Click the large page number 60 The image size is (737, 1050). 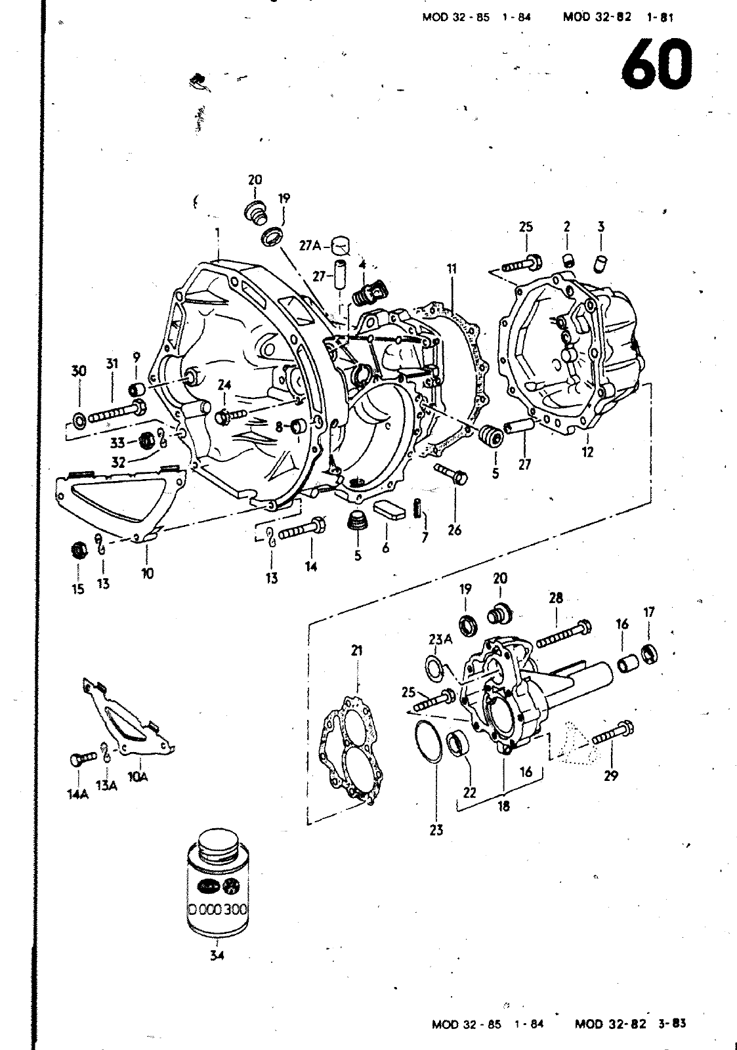click(656, 65)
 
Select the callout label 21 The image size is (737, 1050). click(357, 650)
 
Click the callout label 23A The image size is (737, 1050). click(440, 639)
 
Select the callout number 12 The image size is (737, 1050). click(587, 451)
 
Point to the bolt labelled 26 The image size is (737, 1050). click(451, 472)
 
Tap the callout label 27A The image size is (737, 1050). click(309, 245)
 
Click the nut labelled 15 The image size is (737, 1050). click(78, 549)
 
